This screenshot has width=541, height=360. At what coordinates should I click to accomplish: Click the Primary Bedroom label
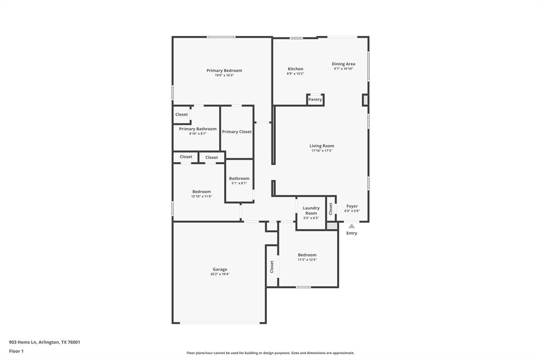[x=224, y=70]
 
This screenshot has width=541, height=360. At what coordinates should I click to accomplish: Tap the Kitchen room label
[x=295, y=69]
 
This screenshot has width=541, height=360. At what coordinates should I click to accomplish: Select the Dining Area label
[x=343, y=64]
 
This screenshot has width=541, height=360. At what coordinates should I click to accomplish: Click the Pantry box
[x=315, y=99]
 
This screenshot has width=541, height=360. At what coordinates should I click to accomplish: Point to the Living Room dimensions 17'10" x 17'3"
[x=322, y=151]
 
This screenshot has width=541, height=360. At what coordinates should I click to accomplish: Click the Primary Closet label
[x=237, y=131]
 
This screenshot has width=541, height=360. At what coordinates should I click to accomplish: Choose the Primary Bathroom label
[x=198, y=129]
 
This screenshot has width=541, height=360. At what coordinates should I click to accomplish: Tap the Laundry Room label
[x=311, y=210]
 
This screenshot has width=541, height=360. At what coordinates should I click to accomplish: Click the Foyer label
[x=352, y=206]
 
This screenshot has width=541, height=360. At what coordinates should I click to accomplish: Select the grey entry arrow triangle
[x=352, y=226]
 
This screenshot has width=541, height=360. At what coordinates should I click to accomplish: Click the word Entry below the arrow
[x=352, y=233]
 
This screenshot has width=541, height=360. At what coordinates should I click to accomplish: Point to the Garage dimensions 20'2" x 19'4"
[x=220, y=274]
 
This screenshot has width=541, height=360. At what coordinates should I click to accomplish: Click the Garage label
[x=220, y=269]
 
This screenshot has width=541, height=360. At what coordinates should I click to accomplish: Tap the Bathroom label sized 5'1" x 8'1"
[x=239, y=178]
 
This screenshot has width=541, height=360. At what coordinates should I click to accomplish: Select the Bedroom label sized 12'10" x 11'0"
[x=201, y=192]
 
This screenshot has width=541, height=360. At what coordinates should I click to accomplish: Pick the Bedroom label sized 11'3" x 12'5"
[x=307, y=255]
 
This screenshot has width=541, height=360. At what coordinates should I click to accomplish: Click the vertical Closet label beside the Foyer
[x=331, y=209]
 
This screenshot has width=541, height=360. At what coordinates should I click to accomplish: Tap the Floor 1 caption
[x=16, y=351]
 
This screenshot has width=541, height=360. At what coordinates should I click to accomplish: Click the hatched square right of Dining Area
[x=365, y=100]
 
